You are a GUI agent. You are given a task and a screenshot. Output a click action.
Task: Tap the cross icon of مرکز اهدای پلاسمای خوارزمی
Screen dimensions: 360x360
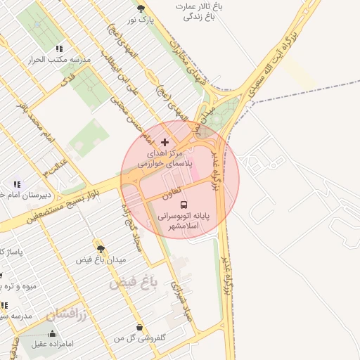[x=165, y=142]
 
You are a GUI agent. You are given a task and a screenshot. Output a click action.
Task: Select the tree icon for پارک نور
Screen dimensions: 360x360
[x=141, y=8]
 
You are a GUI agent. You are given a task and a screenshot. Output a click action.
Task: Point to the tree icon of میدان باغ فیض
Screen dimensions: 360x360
[x=101, y=248]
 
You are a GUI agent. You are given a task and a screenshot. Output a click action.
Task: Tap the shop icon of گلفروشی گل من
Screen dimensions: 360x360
[x=140, y=327]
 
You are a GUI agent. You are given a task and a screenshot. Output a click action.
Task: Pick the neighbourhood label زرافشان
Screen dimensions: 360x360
[x=66, y=314]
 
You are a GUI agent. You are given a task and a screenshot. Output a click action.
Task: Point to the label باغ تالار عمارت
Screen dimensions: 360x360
[x=199, y=6]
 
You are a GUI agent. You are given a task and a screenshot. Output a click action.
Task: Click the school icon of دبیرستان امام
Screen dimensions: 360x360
[x=16, y=185]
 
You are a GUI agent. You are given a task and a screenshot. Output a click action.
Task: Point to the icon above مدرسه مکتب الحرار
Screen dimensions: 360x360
[x=59, y=49]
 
